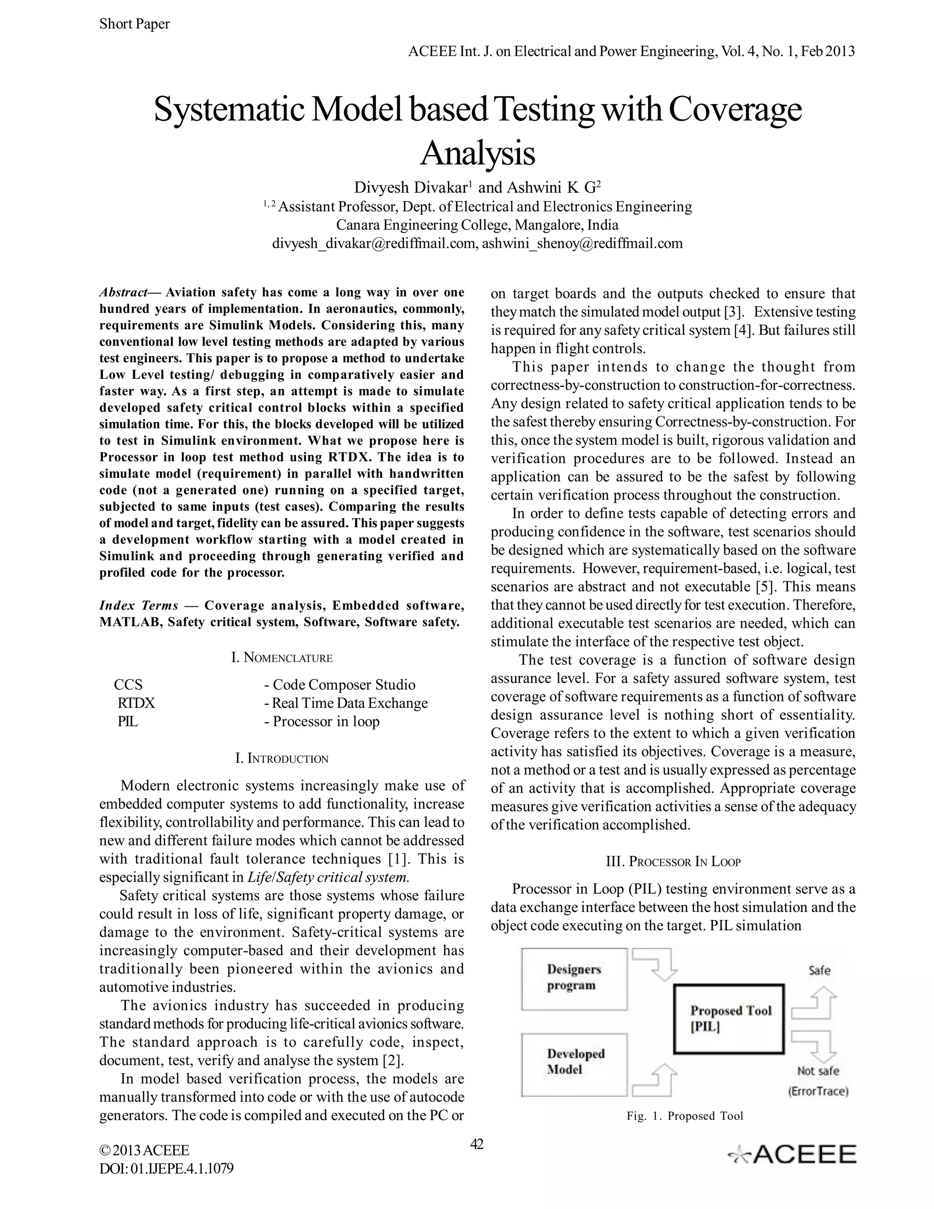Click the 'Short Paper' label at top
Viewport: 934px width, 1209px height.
(x=135, y=24)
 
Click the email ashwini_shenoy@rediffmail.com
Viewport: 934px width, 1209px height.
(x=582, y=243)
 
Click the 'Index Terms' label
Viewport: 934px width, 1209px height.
(x=138, y=605)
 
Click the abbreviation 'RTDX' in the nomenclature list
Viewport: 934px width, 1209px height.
(x=136, y=703)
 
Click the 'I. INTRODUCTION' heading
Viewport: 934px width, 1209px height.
(x=281, y=758)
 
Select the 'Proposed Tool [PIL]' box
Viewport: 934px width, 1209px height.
(x=729, y=1019)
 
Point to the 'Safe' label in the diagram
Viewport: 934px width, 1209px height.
(x=819, y=970)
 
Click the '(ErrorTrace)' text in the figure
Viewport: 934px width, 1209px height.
(x=818, y=1091)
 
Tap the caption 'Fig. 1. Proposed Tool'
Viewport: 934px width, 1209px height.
(x=685, y=1115)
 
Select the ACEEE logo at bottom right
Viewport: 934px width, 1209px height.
(x=792, y=1154)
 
